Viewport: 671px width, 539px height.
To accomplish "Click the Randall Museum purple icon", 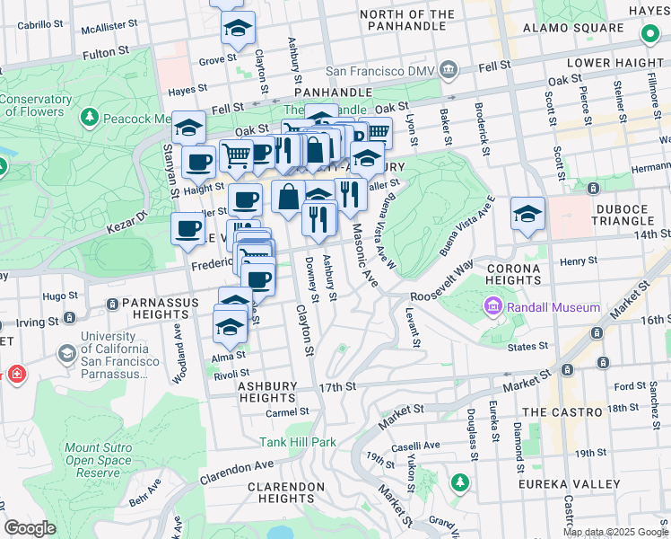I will (x=492, y=308).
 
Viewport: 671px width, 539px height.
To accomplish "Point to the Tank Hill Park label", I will (x=298, y=442).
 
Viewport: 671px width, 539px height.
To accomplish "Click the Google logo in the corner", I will (x=30, y=528).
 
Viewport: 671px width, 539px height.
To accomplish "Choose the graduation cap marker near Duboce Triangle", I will (x=528, y=214).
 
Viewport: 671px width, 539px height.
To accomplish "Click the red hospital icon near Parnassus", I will (x=16, y=374).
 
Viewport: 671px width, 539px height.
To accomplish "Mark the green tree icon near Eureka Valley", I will (x=460, y=483).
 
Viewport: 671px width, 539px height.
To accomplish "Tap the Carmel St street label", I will (x=287, y=412).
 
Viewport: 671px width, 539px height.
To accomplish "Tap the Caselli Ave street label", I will (x=420, y=445).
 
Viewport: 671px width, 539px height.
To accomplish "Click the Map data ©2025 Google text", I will (x=614, y=532).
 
